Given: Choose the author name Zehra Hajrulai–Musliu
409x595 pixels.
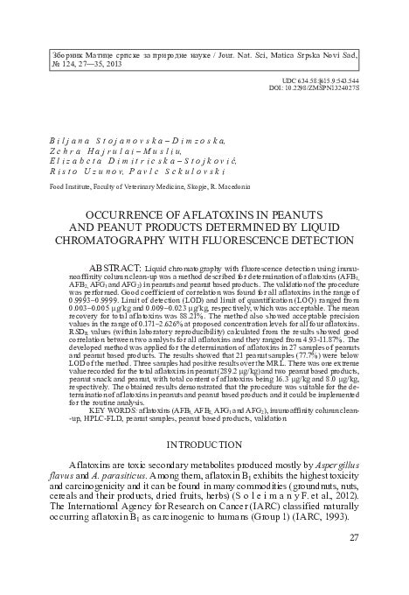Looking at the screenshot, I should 114,150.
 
